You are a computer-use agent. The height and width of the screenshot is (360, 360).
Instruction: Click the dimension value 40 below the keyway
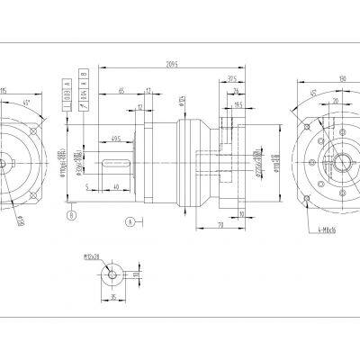coord(117,187)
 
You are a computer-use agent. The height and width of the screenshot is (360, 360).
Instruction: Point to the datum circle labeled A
coord(130,220)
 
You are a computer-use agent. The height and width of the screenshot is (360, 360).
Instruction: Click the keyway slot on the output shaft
coord(117,163)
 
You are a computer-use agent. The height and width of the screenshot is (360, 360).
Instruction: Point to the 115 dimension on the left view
coord(4,92)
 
